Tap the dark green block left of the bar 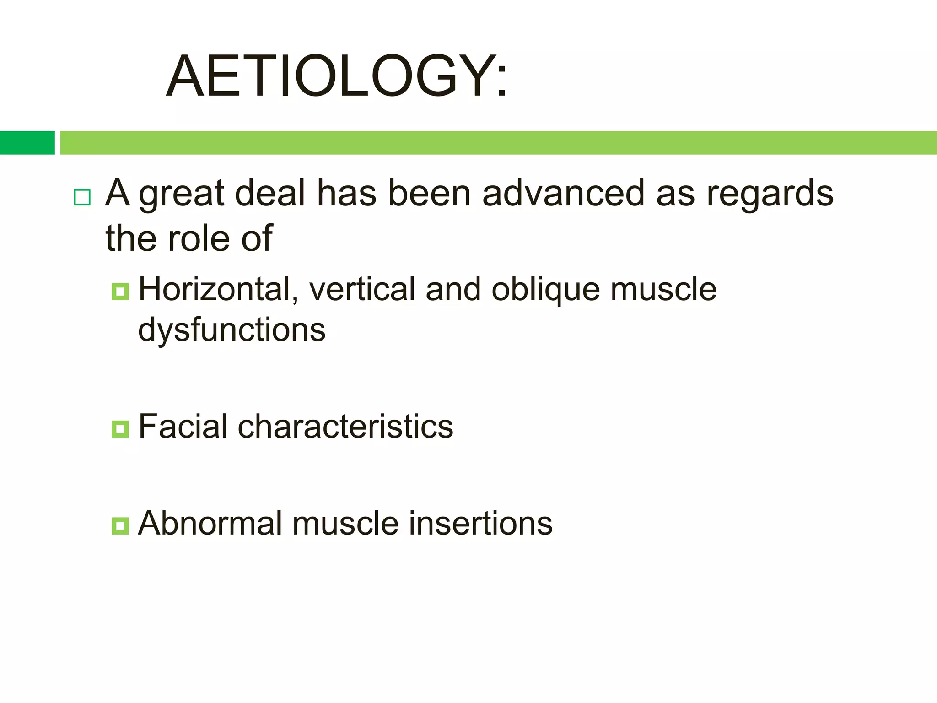[27, 142]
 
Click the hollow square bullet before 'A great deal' [82, 197]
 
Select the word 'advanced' [563, 193]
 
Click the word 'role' [199, 238]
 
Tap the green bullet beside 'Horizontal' [120, 291]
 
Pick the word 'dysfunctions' [232, 330]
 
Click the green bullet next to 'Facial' [120, 429]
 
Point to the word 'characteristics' [345, 427]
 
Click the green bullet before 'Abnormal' [120, 525]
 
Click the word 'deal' [270, 193]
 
